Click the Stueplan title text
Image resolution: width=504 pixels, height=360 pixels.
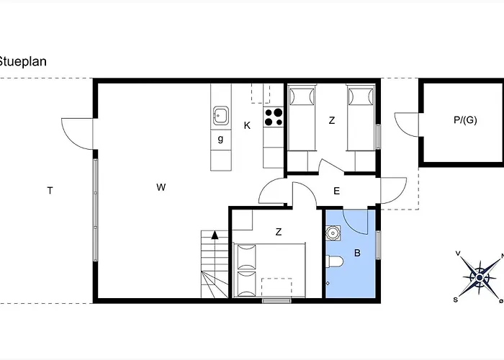click(x=22, y=61)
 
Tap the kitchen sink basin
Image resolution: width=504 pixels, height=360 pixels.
click(x=221, y=115)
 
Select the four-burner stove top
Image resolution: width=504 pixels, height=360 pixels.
click(x=274, y=117)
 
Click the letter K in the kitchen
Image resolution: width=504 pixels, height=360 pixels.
click(x=247, y=125)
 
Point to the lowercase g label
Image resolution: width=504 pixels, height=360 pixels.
click(x=220, y=139)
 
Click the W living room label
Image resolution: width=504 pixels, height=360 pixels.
click(x=161, y=187)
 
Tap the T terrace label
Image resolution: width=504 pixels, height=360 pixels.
click(x=50, y=191)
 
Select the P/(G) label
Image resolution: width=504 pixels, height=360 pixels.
click(x=465, y=120)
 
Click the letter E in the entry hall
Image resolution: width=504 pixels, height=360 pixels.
click(x=336, y=192)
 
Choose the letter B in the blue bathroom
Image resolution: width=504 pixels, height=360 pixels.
click(x=357, y=253)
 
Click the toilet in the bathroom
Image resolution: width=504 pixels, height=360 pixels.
click(x=334, y=261)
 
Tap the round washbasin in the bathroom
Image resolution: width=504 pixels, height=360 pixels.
click(x=333, y=233)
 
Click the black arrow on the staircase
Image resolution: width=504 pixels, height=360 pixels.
click(x=215, y=235)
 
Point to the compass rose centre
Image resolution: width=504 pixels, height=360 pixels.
click(x=480, y=277)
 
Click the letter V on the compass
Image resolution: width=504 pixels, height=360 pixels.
click(x=458, y=253)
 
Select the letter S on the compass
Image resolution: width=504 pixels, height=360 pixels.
click(x=456, y=300)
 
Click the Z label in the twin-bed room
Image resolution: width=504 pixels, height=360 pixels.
click(x=332, y=120)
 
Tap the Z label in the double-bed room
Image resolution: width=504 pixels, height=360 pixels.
click(x=279, y=232)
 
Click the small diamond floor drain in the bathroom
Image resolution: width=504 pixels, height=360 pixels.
click(x=328, y=283)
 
